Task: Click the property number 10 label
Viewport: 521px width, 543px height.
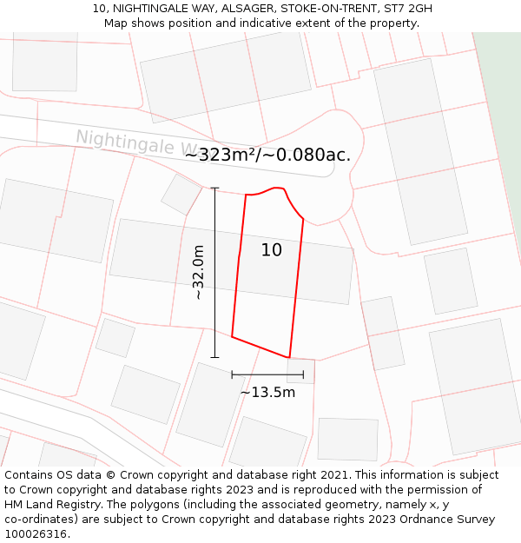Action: tap(272, 250)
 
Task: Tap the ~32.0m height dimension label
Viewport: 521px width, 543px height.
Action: tap(198, 272)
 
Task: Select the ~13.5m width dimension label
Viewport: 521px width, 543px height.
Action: tap(267, 392)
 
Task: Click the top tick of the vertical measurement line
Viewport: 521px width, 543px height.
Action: tap(214, 188)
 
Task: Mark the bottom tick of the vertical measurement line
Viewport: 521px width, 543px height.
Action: tap(214, 357)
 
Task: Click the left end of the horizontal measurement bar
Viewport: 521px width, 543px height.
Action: tap(232, 374)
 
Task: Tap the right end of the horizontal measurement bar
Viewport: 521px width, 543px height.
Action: tap(303, 374)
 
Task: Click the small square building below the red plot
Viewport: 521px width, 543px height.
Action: tap(301, 371)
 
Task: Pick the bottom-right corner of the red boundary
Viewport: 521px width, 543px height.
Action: tap(289, 356)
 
